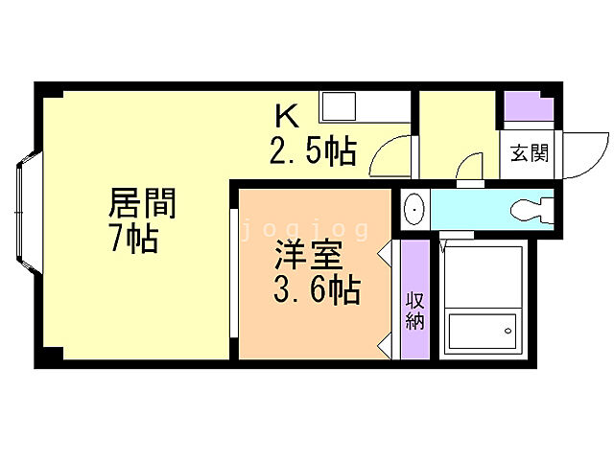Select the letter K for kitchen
coord(287,117)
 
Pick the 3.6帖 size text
coord(316,288)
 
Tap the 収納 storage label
coord(414,310)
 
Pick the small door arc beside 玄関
coord(471,167)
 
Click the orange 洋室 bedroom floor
coord(288,326)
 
